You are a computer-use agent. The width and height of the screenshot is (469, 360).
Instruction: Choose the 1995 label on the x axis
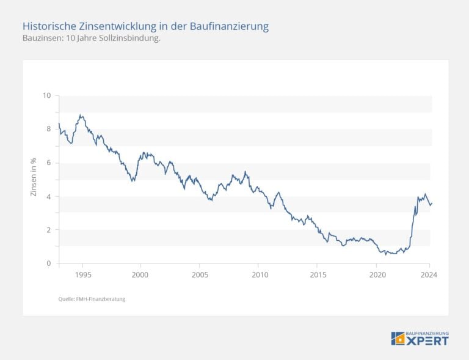pyautogui.click(x=83, y=275)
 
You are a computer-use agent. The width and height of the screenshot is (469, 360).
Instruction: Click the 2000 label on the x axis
pyautogui.click(x=140, y=275)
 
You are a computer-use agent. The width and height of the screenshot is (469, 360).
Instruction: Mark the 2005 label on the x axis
pyautogui.click(x=200, y=275)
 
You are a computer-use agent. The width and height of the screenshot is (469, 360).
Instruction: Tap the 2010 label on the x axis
pyautogui.click(x=258, y=275)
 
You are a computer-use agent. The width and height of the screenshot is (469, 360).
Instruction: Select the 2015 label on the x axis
pyautogui.click(x=317, y=275)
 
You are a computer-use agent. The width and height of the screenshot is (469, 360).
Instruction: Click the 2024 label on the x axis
pyautogui.click(x=429, y=275)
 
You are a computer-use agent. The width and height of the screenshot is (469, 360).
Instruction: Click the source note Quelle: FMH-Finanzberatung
pyautogui.click(x=92, y=299)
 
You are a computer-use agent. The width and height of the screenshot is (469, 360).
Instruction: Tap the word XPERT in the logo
pyautogui.click(x=427, y=340)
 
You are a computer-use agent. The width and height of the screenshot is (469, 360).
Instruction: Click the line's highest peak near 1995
pyautogui.click(x=81, y=114)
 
